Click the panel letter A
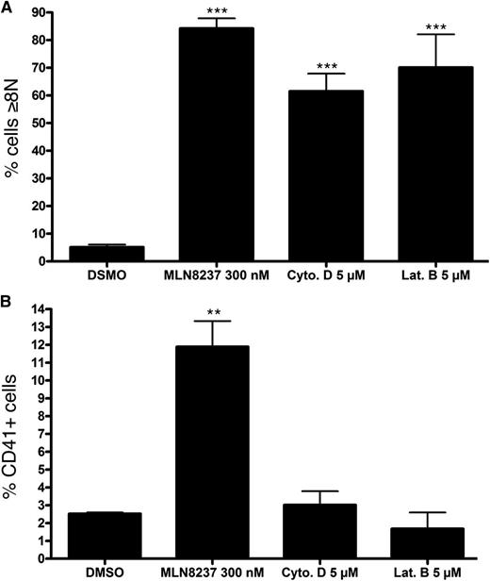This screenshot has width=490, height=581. [8, 8]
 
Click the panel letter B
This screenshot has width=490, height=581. [8, 304]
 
